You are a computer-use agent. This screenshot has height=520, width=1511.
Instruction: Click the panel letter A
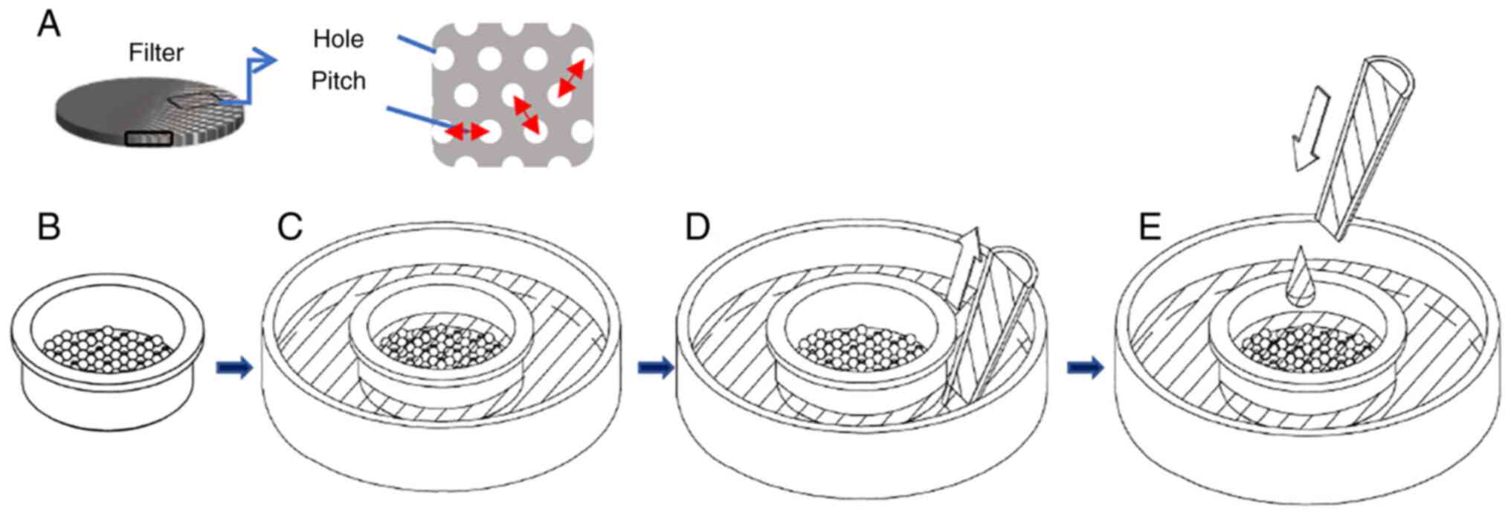[49, 25]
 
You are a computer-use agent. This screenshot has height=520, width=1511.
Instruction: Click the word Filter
[156, 53]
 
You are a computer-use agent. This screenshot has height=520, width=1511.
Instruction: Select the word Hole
[338, 39]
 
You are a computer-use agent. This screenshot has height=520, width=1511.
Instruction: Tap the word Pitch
[338, 80]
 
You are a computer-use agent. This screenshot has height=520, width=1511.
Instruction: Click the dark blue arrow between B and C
[235, 367]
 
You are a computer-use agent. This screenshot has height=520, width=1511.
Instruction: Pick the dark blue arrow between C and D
[656, 367]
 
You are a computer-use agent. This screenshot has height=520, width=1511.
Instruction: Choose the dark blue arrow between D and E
[1086, 367]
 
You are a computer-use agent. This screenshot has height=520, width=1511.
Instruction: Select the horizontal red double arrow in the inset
[467, 132]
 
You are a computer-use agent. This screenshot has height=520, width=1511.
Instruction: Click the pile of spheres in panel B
[108, 348]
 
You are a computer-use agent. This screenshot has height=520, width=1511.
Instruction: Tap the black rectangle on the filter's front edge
[149, 138]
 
